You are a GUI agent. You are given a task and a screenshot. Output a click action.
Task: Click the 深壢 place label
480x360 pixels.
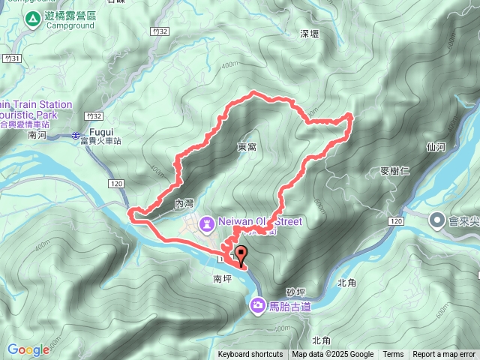pos(310,34)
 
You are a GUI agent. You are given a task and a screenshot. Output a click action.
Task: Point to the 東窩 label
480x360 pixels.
pos(247,147)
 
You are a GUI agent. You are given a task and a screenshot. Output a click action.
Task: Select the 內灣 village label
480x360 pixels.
pos(184,203)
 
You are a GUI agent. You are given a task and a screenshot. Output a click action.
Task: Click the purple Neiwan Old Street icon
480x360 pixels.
pos(207,222)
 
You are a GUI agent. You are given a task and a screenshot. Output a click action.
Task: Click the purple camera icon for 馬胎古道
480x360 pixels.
pos(258,304)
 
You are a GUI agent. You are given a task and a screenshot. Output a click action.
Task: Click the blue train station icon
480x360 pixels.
pos(77,136)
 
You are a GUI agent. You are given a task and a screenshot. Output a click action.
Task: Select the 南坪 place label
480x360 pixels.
pos(223,277)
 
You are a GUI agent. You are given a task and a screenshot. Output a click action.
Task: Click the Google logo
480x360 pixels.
pos(28,349)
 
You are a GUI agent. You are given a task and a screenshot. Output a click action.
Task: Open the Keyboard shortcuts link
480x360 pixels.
pos(250,355)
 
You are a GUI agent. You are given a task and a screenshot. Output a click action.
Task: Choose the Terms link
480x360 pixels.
pos(393,355)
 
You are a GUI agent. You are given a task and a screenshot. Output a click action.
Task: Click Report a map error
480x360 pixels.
pos(445,355)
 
